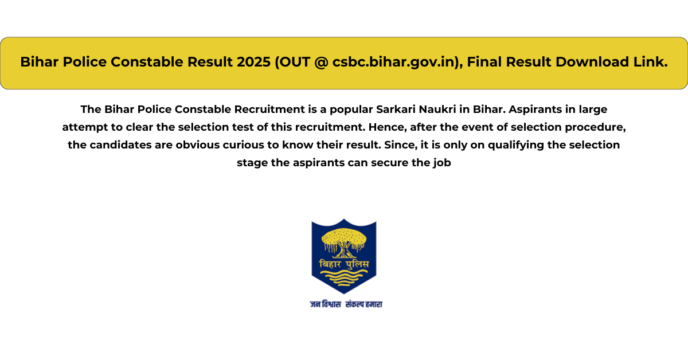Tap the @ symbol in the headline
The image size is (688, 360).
point(322,62)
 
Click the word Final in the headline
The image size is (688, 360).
point(484,62)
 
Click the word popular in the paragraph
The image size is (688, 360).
point(351,110)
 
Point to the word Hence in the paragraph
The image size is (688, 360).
point(388,127)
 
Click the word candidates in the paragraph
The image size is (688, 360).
point(121,145)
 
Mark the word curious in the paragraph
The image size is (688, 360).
point(243,145)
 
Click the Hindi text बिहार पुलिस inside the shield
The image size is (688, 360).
point(344,264)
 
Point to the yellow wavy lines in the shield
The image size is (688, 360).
point(344,277)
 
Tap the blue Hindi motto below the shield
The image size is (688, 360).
point(346,304)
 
